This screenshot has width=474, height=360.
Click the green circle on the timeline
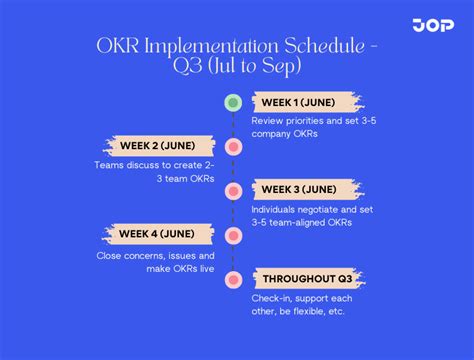coord(233,102)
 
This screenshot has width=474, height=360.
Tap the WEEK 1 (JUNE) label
coord(299,102)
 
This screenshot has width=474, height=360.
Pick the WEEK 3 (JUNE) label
coord(299,190)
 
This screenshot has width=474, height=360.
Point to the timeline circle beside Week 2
coord(233,147)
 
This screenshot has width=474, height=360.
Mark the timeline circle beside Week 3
coord(233,191)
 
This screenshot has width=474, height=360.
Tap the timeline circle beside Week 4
coord(233,235)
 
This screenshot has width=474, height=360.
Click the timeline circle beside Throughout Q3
coord(233,279)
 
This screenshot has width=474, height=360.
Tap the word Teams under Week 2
coord(109,164)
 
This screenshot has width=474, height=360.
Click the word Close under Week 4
coord(113,254)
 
